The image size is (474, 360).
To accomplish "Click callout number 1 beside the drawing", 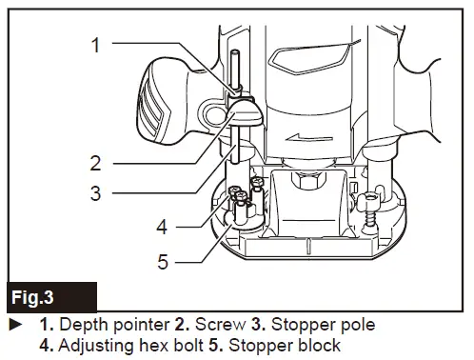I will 96,43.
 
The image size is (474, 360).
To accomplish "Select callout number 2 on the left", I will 96,161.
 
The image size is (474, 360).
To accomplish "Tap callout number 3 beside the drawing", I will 96,192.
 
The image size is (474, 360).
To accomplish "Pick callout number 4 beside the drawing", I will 162,227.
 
